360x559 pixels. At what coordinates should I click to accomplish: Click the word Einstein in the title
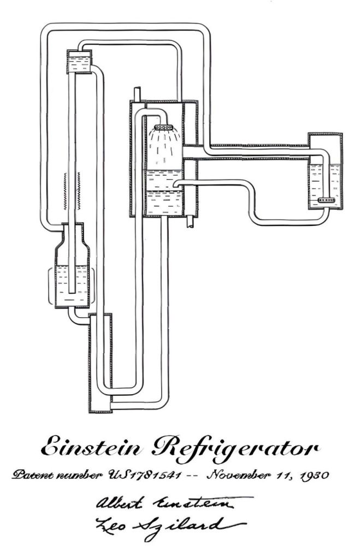[x=91, y=446]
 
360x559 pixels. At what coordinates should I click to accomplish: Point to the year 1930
[x=314, y=475]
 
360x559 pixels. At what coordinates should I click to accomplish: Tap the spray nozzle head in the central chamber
[x=163, y=128]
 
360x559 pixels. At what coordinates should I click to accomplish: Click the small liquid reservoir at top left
[x=79, y=62]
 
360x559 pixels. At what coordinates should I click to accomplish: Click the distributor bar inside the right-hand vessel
[x=326, y=200]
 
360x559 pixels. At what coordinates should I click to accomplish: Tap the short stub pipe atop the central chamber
[x=137, y=94]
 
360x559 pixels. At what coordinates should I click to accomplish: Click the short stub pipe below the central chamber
[x=190, y=221]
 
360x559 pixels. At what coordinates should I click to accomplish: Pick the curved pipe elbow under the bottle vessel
[x=76, y=317]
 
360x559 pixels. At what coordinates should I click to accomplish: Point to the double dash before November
[x=194, y=476]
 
